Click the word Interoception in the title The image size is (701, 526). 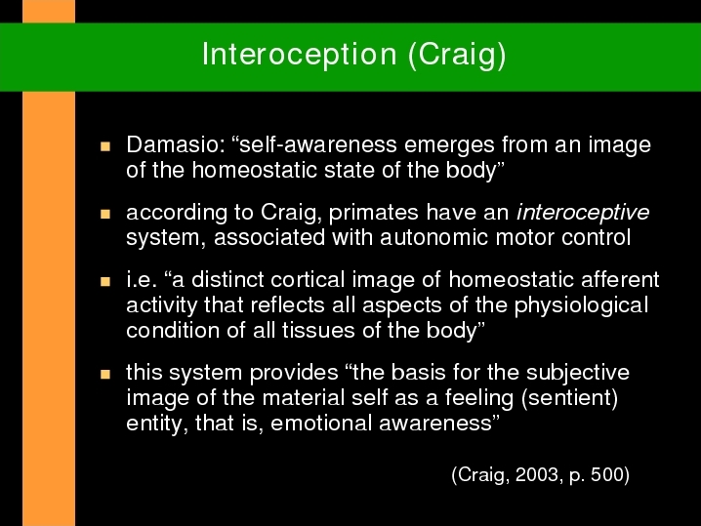(x=299, y=55)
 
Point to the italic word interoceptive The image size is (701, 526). (x=583, y=213)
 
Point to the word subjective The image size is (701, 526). (x=578, y=373)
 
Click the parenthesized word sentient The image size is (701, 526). (x=569, y=398)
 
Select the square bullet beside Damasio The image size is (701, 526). (x=105, y=146)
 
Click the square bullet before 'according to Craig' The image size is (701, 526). (x=105, y=214)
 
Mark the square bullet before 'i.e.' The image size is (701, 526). (x=105, y=282)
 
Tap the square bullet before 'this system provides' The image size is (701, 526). (x=105, y=374)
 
